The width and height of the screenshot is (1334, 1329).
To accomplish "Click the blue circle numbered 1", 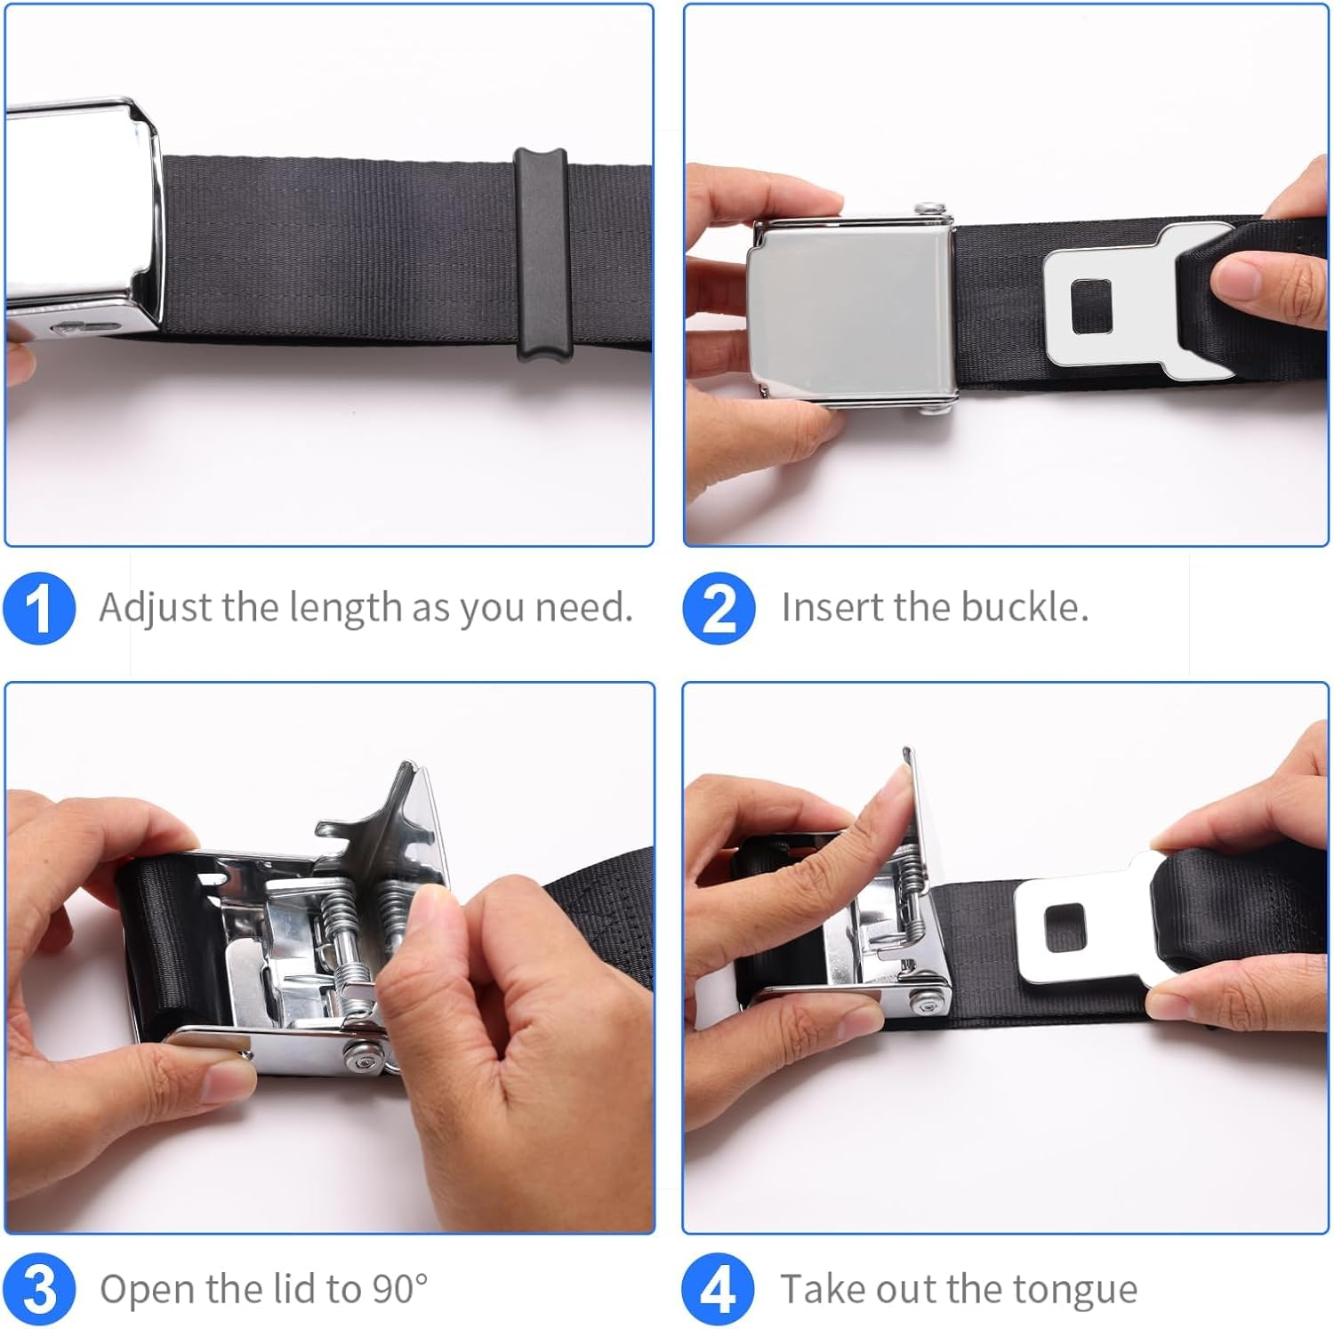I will (39, 608).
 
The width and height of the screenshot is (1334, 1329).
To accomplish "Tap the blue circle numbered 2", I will (719, 608).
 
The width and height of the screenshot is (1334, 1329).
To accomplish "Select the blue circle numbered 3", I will (39, 1289).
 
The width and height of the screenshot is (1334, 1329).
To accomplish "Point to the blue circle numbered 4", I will (719, 1289).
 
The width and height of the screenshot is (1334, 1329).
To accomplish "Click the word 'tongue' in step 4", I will (1081, 1290).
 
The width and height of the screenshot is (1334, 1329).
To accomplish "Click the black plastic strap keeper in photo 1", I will (541, 254).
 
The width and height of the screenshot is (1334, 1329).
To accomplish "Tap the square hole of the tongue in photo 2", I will (1091, 307).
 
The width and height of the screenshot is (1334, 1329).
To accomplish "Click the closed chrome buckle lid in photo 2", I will (849, 311).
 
